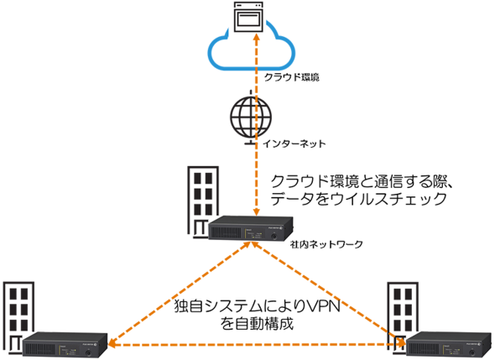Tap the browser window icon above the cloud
tap(248, 17)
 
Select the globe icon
tap(251, 117)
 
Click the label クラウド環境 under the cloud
tap(292, 77)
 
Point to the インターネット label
tap(294, 144)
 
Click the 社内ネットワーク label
tap(326, 244)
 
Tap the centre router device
tap(251, 228)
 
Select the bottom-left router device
tap(65, 345)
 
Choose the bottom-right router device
tap(448, 345)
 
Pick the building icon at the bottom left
tap(18, 316)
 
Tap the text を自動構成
tap(257, 324)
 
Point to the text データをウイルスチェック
tap(358, 199)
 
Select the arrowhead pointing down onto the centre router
tap(257, 212)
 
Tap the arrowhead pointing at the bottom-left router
tap(111, 343)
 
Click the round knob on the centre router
tap(274, 236)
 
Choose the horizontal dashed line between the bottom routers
tap(257, 345)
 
